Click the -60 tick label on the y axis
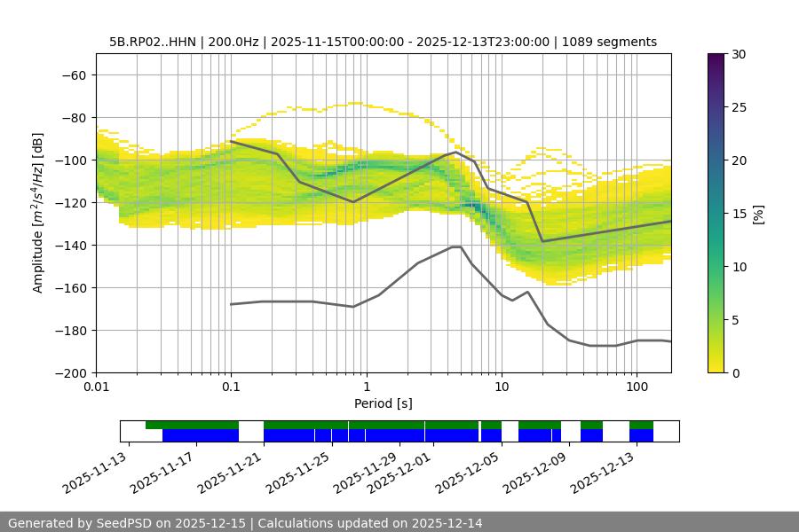tap(74, 74)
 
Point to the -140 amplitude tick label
tap(70, 245)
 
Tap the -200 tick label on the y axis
tap(70, 372)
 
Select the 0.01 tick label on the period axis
tap(96, 387)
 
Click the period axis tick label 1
tap(366, 387)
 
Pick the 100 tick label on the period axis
tap(636, 387)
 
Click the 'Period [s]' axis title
tap(384, 403)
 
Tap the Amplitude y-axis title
tap(38, 213)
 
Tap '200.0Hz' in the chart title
tap(234, 42)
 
